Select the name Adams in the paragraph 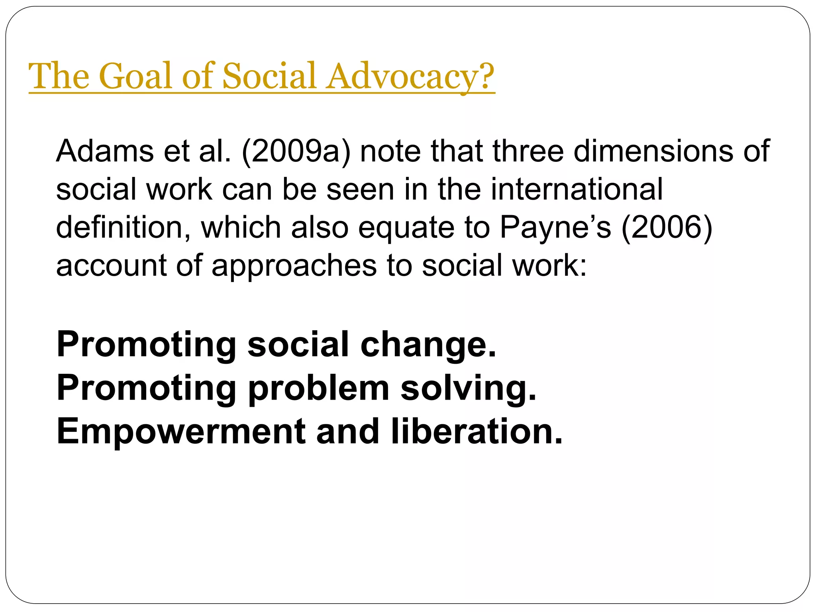105,151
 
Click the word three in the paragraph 528,151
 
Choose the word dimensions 653,151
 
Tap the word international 577,189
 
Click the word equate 406,228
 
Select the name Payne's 555,227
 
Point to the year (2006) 667,227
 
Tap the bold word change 428,345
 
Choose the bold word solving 469,388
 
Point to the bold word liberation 477,432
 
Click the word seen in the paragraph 360,189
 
